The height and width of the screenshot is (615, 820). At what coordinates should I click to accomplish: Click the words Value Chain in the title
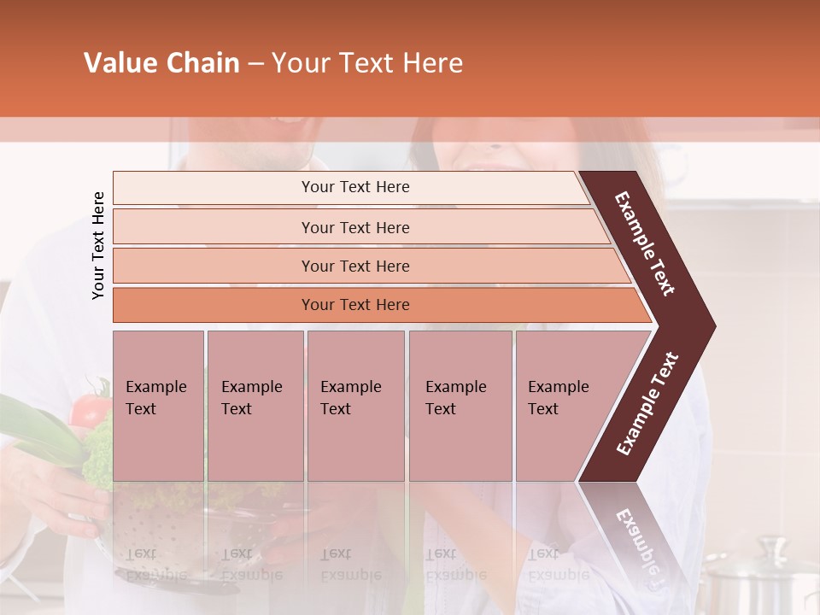point(161,63)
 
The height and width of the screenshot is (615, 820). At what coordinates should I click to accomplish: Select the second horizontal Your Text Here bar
point(354,227)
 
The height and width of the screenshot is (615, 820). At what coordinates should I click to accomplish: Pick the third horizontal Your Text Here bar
point(354,266)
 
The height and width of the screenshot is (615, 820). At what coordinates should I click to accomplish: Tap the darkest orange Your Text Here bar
point(354,305)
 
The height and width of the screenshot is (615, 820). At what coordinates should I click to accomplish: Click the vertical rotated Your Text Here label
point(98,245)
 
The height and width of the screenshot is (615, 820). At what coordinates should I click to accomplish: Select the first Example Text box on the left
point(158,405)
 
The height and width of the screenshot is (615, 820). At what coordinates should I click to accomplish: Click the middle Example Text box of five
point(355,405)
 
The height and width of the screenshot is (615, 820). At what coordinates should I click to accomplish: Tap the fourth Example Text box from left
point(460,405)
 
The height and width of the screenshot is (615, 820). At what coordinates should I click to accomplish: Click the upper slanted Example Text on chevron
point(645,243)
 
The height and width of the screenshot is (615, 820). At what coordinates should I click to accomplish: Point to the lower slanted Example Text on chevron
point(647,404)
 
